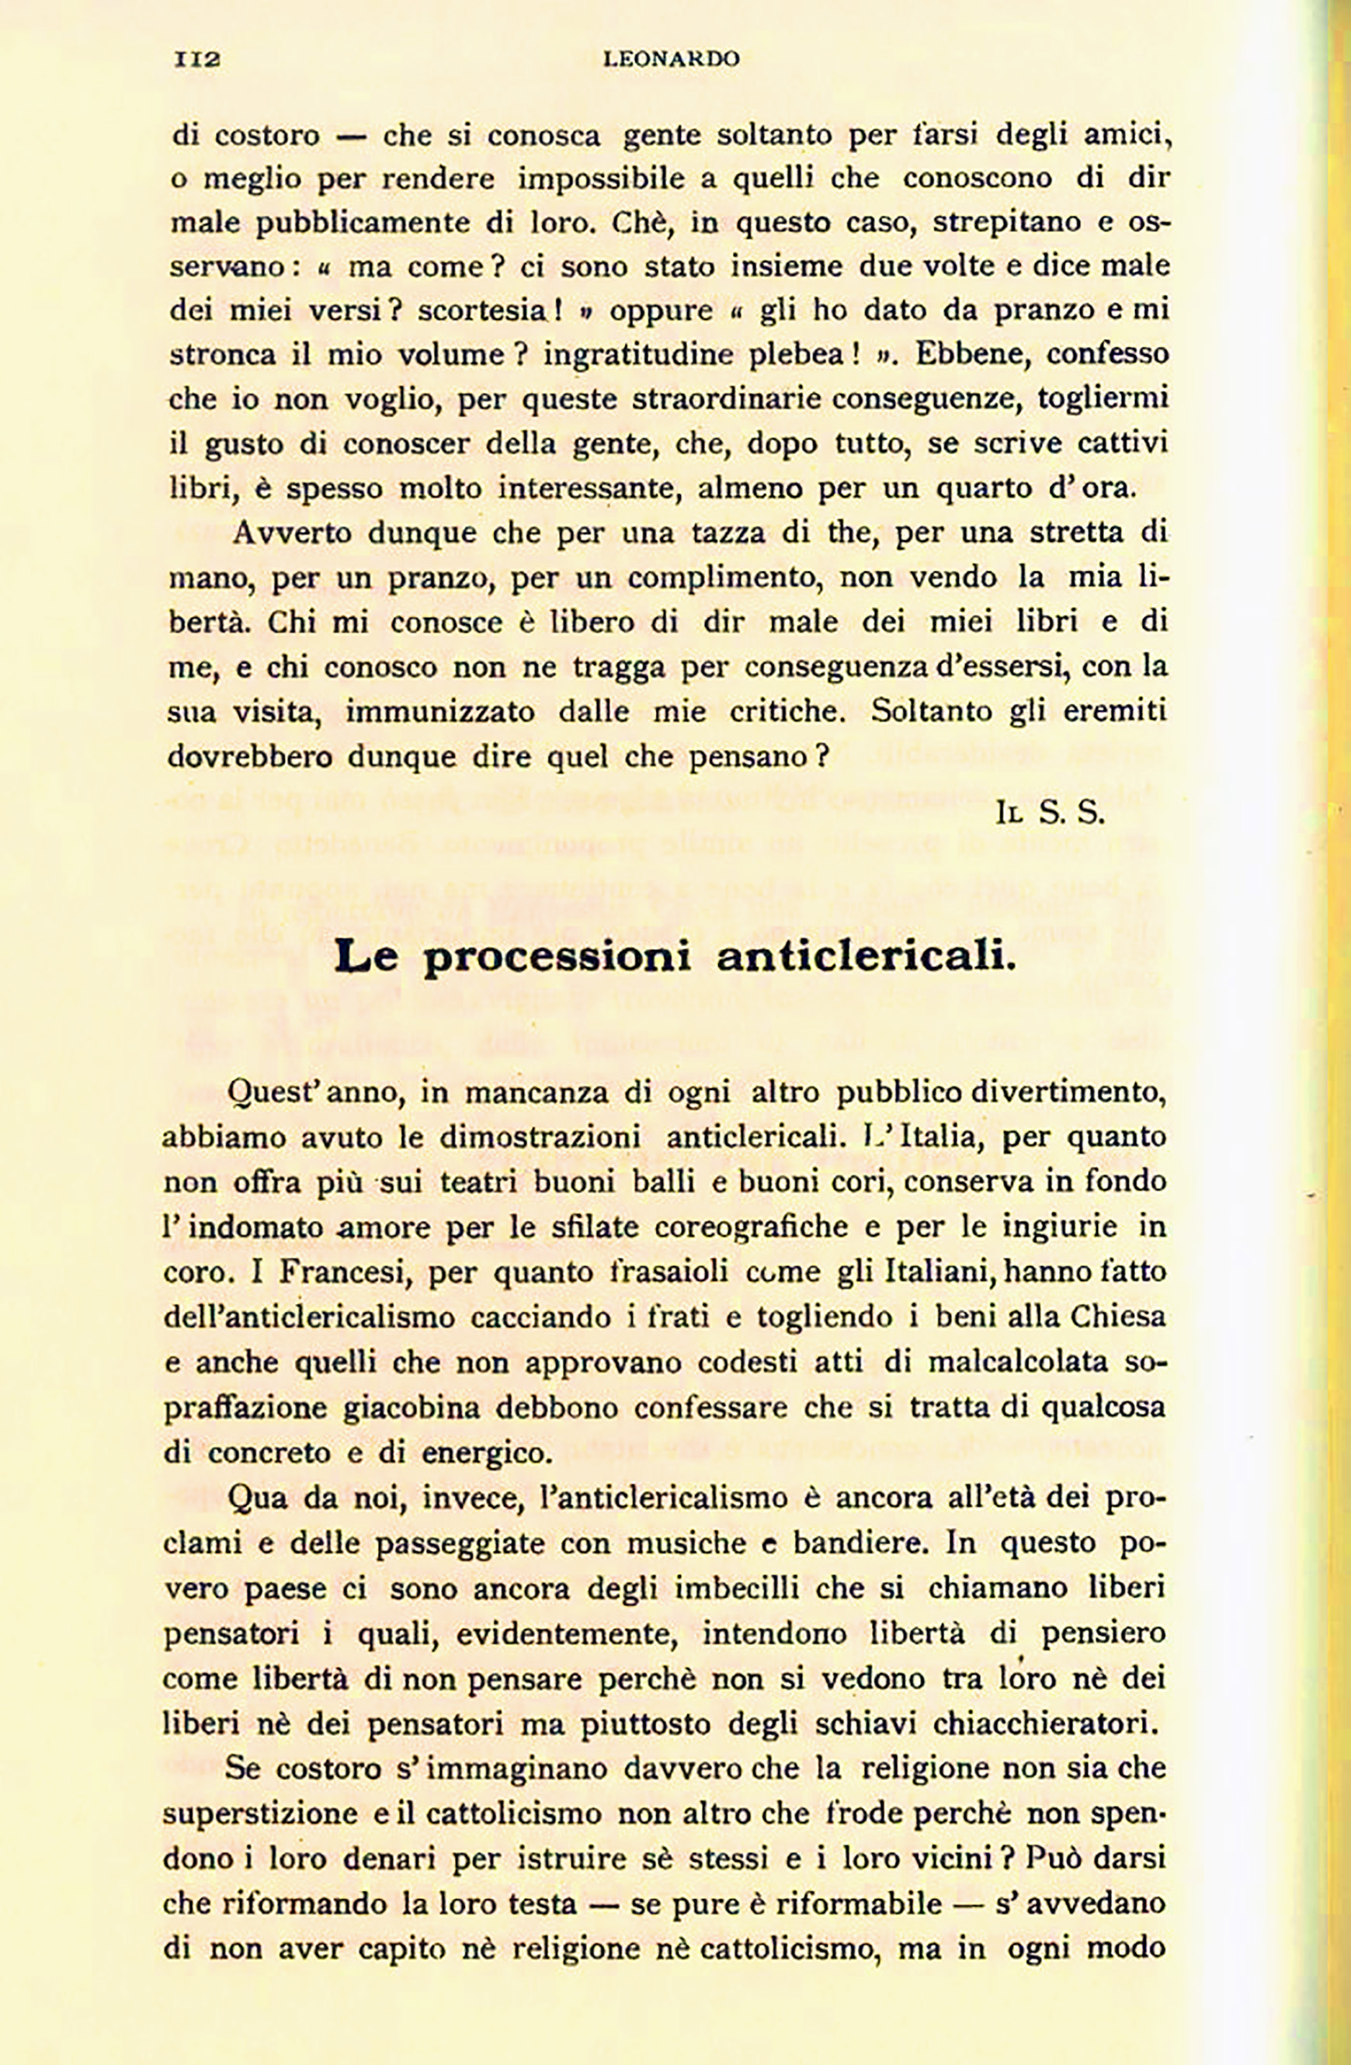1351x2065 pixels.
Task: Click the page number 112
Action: pos(197,59)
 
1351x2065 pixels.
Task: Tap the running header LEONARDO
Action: pos(671,59)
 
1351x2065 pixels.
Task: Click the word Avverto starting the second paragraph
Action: pos(293,532)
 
